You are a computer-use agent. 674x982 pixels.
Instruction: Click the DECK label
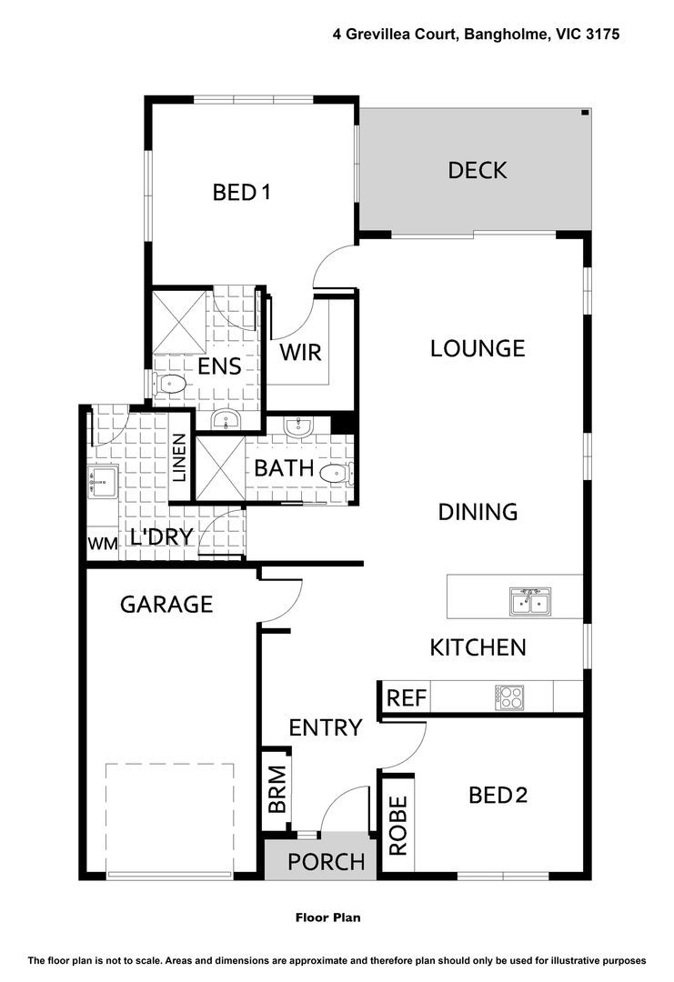point(477,170)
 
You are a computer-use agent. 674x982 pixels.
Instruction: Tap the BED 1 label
point(242,193)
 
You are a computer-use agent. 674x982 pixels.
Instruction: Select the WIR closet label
point(300,352)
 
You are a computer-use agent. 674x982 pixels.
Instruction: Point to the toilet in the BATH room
point(337,471)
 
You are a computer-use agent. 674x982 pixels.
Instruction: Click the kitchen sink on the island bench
point(529,600)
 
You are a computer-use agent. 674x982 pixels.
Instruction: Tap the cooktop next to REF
point(508,697)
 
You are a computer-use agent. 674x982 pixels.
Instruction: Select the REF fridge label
point(407,698)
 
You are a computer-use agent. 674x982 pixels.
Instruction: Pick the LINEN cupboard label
point(179,457)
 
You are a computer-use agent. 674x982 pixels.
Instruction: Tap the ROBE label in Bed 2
point(397,826)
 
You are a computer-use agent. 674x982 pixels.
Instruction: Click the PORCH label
point(326,861)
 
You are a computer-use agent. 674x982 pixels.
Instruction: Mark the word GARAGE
point(166,604)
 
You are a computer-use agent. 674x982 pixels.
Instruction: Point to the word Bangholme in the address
point(508,35)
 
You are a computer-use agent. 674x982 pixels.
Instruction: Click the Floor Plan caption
point(327,917)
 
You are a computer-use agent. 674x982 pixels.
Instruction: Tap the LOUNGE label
point(478,348)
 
